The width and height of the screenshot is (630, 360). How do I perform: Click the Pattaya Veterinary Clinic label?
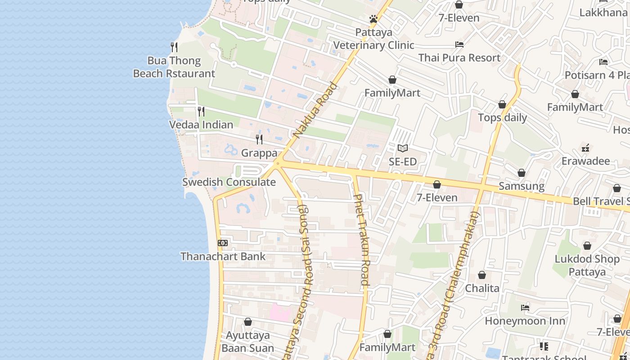click(x=373, y=39)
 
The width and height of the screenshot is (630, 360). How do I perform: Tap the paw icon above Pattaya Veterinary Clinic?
click(x=373, y=19)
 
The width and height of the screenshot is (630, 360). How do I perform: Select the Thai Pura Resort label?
click(x=459, y=58)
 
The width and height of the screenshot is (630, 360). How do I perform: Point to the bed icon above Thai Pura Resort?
click(x=459, y=45)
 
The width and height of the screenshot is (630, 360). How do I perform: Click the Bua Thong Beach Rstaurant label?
click(x=174, y=67)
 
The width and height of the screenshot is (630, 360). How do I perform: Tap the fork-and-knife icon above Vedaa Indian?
click(x=201, y=111)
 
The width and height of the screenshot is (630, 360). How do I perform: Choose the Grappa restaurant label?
click(x=259, y=153)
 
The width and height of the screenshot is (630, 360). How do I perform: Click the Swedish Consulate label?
click(x=229, y=182)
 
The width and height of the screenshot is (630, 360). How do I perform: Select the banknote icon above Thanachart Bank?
click(x=223, y=243)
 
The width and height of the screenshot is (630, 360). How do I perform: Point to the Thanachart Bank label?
click(x=223, y=256)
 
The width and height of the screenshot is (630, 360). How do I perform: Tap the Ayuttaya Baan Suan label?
click(x=247, y=342)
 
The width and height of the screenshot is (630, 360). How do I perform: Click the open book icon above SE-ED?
click(x=403, y=148)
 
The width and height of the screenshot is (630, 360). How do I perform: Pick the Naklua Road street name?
click(x=315, y=110)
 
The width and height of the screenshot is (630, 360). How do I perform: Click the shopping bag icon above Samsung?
click(x=522, y=173)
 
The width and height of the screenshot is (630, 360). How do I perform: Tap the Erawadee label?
click(x=585, y=161)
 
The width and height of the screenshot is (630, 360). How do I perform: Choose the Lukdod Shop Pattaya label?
click(x=587, y=265)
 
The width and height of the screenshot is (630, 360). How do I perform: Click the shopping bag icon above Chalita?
click(x=482, y=275)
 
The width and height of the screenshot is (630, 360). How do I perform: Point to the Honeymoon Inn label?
click(x=525, y=321)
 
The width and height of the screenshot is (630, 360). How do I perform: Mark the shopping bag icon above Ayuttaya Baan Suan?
click(x=247, y=322)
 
